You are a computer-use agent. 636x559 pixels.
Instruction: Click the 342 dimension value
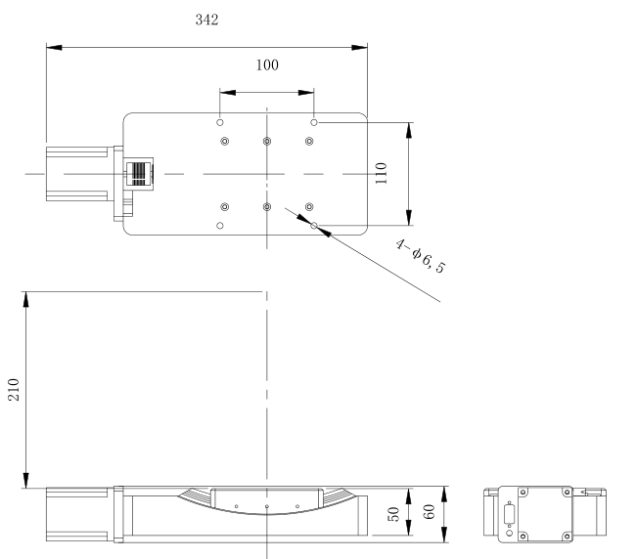coord(206,20)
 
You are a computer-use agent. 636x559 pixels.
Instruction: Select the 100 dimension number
coord(267,64)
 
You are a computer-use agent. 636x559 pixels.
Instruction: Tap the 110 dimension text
coord(381,173)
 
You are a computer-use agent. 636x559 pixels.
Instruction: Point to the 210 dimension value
coord(14,390)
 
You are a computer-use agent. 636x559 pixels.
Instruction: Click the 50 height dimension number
coord(393,514)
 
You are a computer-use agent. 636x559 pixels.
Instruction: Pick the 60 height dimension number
coord(429,512)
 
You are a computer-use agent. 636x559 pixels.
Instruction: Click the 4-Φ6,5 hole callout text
coord(420,256)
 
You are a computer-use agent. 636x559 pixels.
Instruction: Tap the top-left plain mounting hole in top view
coord(220,122)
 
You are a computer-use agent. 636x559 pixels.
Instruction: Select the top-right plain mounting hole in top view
coord(313,122)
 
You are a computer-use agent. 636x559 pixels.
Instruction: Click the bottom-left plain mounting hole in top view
coord(220,226)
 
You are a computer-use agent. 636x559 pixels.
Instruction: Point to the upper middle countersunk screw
coord(267,141)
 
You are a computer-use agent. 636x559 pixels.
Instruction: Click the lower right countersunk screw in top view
coord(309,207)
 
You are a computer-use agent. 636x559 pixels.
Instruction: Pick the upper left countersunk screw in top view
coord(225,141)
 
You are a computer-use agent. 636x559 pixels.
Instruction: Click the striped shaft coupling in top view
coord(139,174)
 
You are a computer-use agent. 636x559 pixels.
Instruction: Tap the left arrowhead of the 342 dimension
coord(54,47)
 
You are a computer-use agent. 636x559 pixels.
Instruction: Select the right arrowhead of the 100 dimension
coord(306,93)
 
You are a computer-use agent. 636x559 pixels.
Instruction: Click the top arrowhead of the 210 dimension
coord(26,299)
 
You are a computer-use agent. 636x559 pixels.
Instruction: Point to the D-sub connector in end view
coord(510,514)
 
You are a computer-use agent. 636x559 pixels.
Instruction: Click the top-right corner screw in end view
coord(568,493)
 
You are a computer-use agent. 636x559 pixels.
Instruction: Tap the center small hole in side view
coord(266,506)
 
